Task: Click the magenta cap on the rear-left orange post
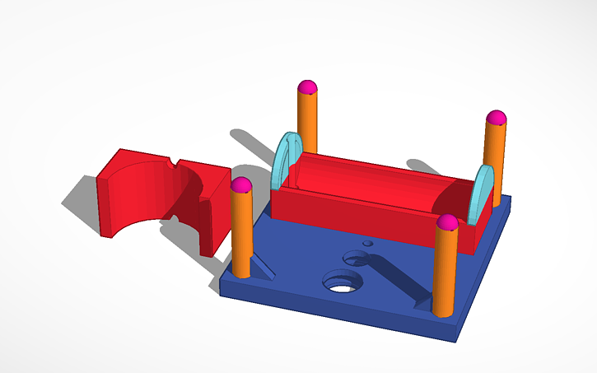[307, 86]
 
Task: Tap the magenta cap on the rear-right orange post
[494, 117]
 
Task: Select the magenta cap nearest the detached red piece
[240, 185]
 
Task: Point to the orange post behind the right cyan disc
[495, 156]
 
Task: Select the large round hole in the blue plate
[343, 282]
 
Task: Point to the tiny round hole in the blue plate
[368, 244]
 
